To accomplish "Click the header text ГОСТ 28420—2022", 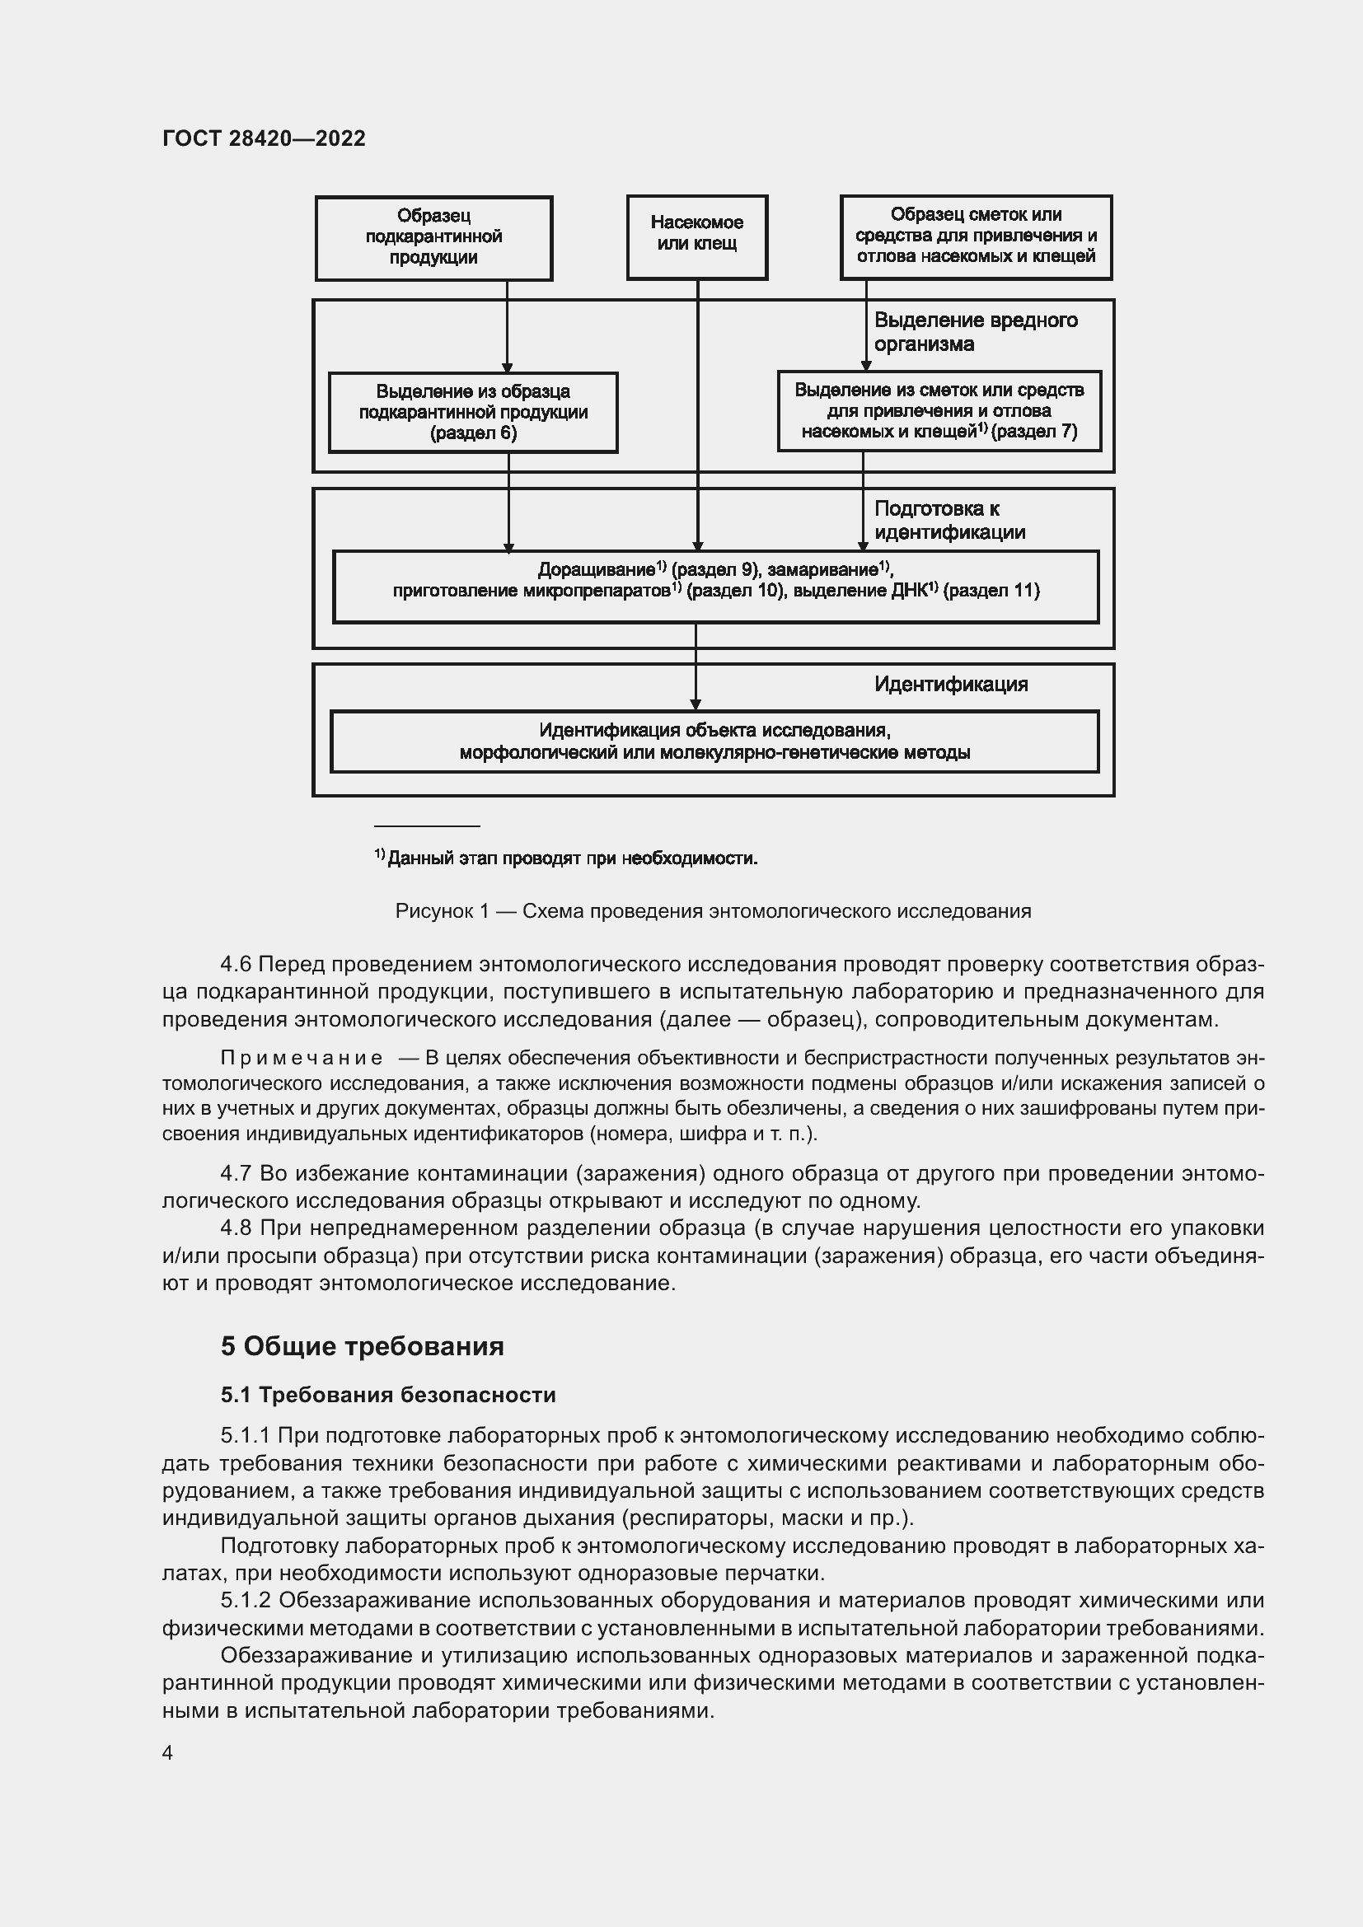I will [x=264, y=138].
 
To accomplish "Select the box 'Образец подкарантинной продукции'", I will [x=433, y=237].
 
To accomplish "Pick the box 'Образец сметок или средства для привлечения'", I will [x=975, y=236].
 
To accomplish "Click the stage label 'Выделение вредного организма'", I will [x=975, y=331].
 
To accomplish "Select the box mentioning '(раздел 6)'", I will [x=472, y=412].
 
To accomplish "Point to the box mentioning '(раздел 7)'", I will [x=939, y=410].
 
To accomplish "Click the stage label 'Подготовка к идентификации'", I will [x=949, y=520].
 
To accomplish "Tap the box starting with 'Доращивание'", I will [x=715, y=585].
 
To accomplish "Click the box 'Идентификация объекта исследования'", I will [x=714, y=741].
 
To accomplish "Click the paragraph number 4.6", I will [x=236, y=965].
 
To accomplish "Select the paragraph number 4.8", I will [x=236, y=1228].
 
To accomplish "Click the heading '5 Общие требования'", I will [x=362, y=1346].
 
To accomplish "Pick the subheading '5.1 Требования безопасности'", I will [x=388, y=1395].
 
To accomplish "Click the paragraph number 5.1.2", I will [x=246, y=1600].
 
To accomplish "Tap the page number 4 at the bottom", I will [x=168, y=1752].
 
